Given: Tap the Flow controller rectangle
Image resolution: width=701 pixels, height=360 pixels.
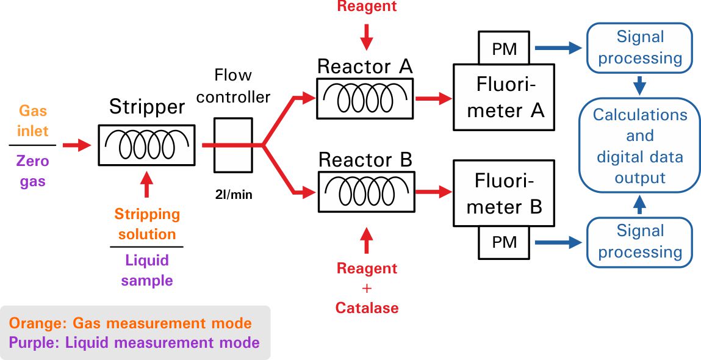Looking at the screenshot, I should pos(233,145).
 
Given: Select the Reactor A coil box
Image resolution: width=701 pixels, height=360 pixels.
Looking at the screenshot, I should pos(365,97).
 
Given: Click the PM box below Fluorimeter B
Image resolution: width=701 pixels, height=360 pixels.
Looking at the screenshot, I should pos(504,242).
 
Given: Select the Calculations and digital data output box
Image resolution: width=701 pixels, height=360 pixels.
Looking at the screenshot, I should pos(639,146).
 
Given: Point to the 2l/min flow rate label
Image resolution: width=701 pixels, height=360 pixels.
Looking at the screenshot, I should pos(233,195).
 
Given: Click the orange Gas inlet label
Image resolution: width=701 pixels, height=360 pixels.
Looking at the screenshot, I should pos(33,121).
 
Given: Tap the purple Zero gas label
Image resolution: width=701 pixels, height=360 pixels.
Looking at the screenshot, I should pos(33,171).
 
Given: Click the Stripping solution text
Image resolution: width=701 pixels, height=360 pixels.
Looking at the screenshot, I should pos(146,224).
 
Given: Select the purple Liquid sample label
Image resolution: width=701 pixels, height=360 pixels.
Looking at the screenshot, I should pos(146,270).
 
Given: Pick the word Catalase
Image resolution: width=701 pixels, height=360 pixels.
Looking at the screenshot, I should pos(367,308).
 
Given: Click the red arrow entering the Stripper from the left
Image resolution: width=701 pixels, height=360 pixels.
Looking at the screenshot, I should pos(77,145).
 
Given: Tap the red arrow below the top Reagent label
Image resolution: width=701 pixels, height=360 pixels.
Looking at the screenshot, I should pos(366,37).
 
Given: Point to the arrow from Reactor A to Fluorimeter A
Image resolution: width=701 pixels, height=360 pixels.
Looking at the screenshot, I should pos(434,97).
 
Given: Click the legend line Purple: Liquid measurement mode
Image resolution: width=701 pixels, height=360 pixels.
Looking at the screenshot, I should pos(134,342).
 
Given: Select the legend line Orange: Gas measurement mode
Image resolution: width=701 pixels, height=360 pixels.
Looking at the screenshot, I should pos(130,323).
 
